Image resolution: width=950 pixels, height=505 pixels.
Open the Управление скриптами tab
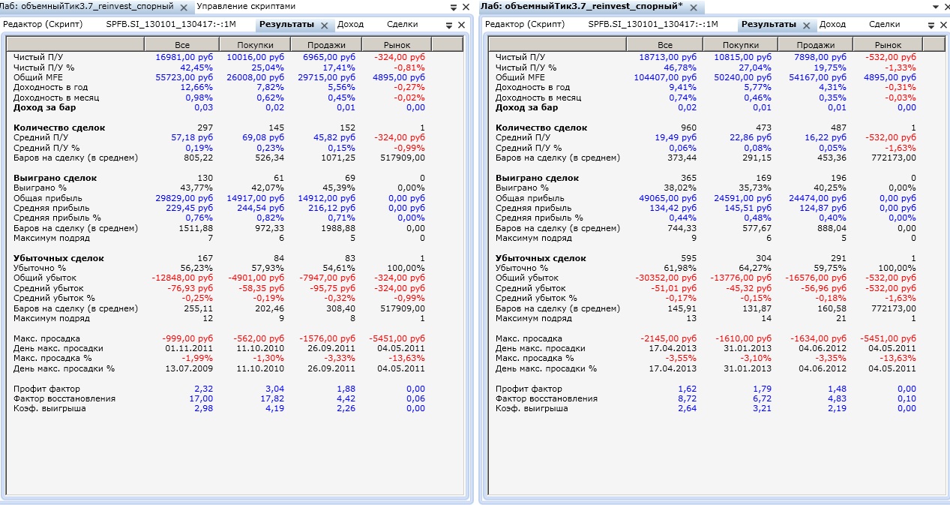246,6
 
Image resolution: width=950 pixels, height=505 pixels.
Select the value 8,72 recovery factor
685,398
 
